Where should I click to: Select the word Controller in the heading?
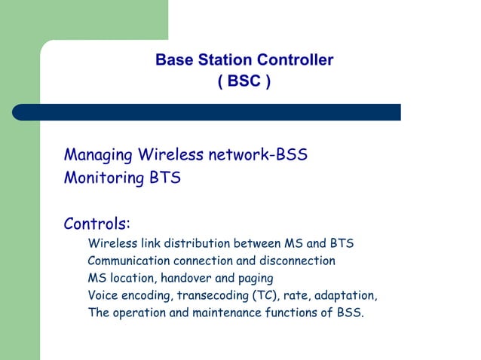coord(295,60)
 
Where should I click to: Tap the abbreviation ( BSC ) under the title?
coord(244,81)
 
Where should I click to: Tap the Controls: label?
coord(97,224)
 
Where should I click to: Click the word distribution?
coord(198,244)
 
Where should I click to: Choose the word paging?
coord(256,279)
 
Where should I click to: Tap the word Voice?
coord(103,296)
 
